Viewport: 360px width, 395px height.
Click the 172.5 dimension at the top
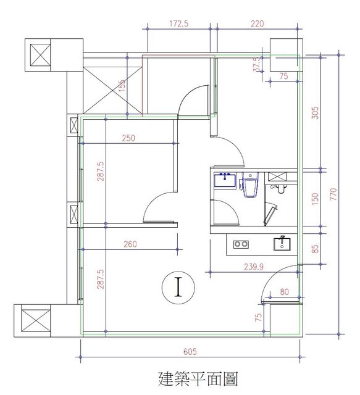[x=178, y=23]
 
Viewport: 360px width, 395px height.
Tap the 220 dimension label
[x=257, y=23]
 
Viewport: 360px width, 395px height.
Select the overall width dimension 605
[x=190, y=351]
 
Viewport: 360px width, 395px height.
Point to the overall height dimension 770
[x=333, y=194]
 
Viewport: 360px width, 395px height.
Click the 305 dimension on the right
[x=315, y=113]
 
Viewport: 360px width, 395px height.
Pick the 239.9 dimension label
[x=254, y=267]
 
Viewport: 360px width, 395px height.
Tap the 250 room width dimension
[x=128, y=138]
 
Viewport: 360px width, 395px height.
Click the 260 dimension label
[x=130, y=244]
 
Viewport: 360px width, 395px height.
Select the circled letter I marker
[x=178, y=287]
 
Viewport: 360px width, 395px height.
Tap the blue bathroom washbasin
[x=225, y=180]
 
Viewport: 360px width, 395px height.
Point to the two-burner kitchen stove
[x=241, y=244]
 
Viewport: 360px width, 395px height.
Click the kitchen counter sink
[x=282, y=244]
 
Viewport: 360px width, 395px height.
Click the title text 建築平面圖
[x=198, y=379]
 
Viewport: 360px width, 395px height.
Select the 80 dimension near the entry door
[x=284, y=292]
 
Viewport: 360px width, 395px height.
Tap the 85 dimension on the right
[x=315, y=249]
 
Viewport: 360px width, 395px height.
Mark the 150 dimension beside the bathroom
[x=315, y=199]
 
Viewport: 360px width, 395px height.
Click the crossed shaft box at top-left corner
[x=40, y=55]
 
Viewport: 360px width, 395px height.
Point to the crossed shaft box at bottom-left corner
[x=36, y=321]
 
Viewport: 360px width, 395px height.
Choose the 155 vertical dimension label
[x=122, y=86]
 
